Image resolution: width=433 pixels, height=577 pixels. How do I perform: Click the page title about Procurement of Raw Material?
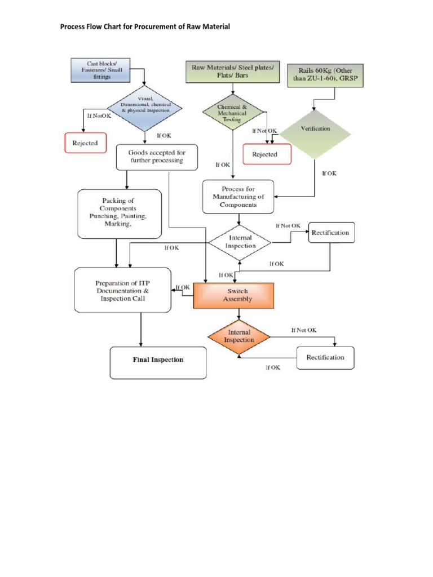[145, 26]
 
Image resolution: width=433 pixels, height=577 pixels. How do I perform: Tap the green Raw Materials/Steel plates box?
[233, 72]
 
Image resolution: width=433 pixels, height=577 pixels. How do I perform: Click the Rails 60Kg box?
[326, 76]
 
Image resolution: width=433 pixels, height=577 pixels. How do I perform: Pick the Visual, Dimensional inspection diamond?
[145, 106]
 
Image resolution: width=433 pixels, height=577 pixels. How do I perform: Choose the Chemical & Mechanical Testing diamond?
[232, 113]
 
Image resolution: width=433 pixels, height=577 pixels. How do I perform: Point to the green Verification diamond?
[315, 129]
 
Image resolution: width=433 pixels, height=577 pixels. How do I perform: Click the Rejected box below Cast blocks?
[85, 143]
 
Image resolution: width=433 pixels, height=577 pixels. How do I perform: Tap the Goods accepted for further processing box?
[157, 157]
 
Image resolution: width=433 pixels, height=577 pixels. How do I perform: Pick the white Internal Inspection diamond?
[240, 242]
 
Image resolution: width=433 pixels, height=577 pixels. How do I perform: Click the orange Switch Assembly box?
[233, 295]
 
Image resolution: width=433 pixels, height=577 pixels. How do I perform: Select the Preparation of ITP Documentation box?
[122, 290]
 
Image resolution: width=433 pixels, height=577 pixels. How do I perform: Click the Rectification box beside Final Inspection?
[325, 357]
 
